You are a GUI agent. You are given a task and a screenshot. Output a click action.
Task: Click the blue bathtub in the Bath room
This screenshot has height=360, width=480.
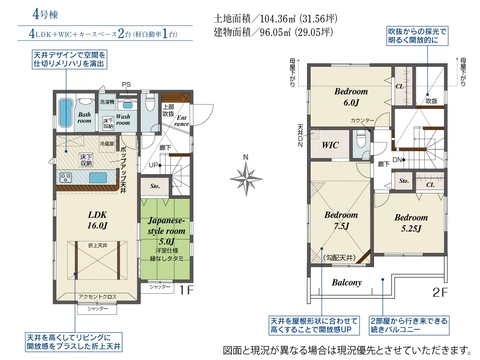tap(66, 113)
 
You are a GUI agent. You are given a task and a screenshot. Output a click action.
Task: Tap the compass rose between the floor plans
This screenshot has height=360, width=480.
tap(246, 179)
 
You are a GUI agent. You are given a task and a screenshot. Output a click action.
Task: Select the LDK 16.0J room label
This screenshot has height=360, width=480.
tap(97, 220)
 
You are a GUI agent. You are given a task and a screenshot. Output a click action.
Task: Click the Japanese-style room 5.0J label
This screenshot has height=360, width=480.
tap(167, 231)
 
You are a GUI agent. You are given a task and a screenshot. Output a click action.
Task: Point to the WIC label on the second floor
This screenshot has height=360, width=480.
tap(330, 145)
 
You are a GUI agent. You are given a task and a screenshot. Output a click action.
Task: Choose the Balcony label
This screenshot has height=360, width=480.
tap(347, 282)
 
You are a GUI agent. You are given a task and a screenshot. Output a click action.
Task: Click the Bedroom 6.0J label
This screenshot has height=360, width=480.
tap(351, 97)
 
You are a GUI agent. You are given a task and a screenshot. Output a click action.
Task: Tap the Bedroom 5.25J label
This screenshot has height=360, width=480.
tap(411, 223)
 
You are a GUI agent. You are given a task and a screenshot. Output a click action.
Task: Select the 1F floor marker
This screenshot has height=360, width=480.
tap(186, 290)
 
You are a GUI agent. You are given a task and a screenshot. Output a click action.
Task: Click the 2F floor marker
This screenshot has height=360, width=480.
tap(440, 293)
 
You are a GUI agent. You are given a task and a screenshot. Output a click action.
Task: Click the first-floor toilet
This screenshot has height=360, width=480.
tap(150, 102)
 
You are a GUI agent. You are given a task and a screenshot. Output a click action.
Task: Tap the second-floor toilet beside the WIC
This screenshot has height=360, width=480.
tap(360, 140)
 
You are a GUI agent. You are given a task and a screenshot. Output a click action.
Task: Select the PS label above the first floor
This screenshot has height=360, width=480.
tap(126, 84)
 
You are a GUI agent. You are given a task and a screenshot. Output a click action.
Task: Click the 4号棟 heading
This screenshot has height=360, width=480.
tap(45, 14)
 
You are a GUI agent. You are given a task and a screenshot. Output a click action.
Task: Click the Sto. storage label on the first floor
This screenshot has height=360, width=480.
tap(155, 186)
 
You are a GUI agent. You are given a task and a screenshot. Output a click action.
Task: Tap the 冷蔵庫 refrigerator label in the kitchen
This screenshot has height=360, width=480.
tap(107, 144)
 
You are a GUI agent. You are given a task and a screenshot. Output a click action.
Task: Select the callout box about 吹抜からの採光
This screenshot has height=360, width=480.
tap(417, 36)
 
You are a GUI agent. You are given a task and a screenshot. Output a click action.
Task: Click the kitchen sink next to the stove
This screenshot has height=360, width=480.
tap(98, 178)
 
